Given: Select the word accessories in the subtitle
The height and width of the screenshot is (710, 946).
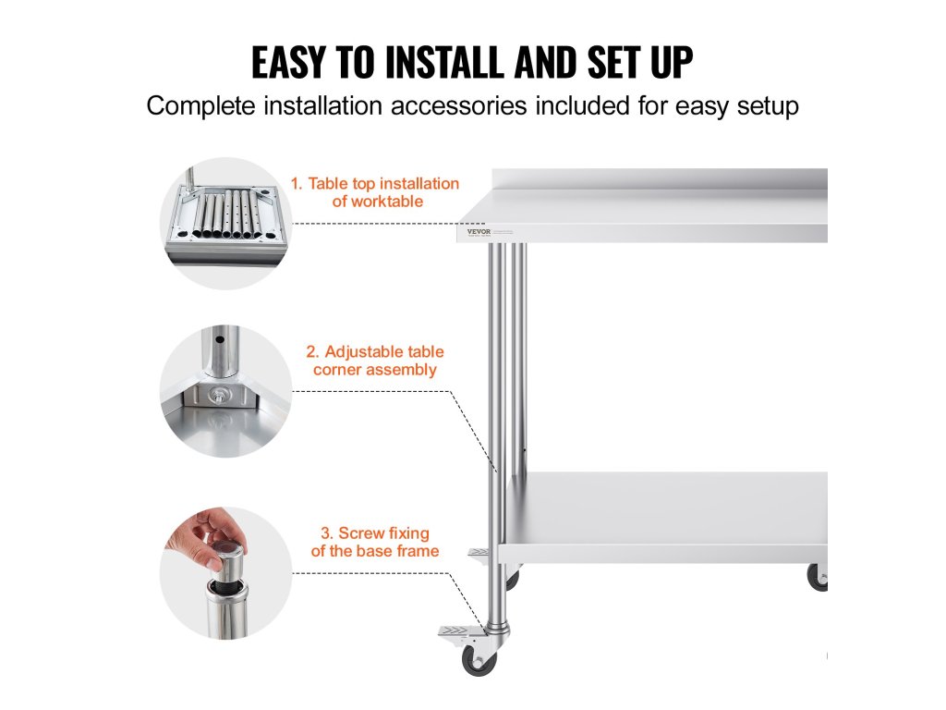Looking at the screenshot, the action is click(458, 105).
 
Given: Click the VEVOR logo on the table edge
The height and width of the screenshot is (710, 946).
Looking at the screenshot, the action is click(479, 231).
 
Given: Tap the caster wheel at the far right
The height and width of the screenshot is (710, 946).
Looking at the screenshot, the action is click(818, 577).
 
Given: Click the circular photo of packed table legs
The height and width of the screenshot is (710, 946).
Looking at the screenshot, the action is click(225, 224).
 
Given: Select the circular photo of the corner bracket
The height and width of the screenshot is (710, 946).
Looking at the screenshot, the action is click(225, 391).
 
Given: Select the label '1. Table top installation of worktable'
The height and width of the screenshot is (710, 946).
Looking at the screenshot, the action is click(375, 192).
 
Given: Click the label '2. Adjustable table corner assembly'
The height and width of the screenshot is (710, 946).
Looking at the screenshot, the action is click(375, 361).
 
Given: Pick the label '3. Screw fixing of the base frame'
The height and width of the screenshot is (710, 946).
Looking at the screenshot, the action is click(375, 542).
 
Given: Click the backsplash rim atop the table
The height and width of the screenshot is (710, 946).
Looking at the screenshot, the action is click(660, 178).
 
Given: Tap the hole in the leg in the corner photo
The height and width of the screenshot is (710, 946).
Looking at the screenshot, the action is click(220, 339).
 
